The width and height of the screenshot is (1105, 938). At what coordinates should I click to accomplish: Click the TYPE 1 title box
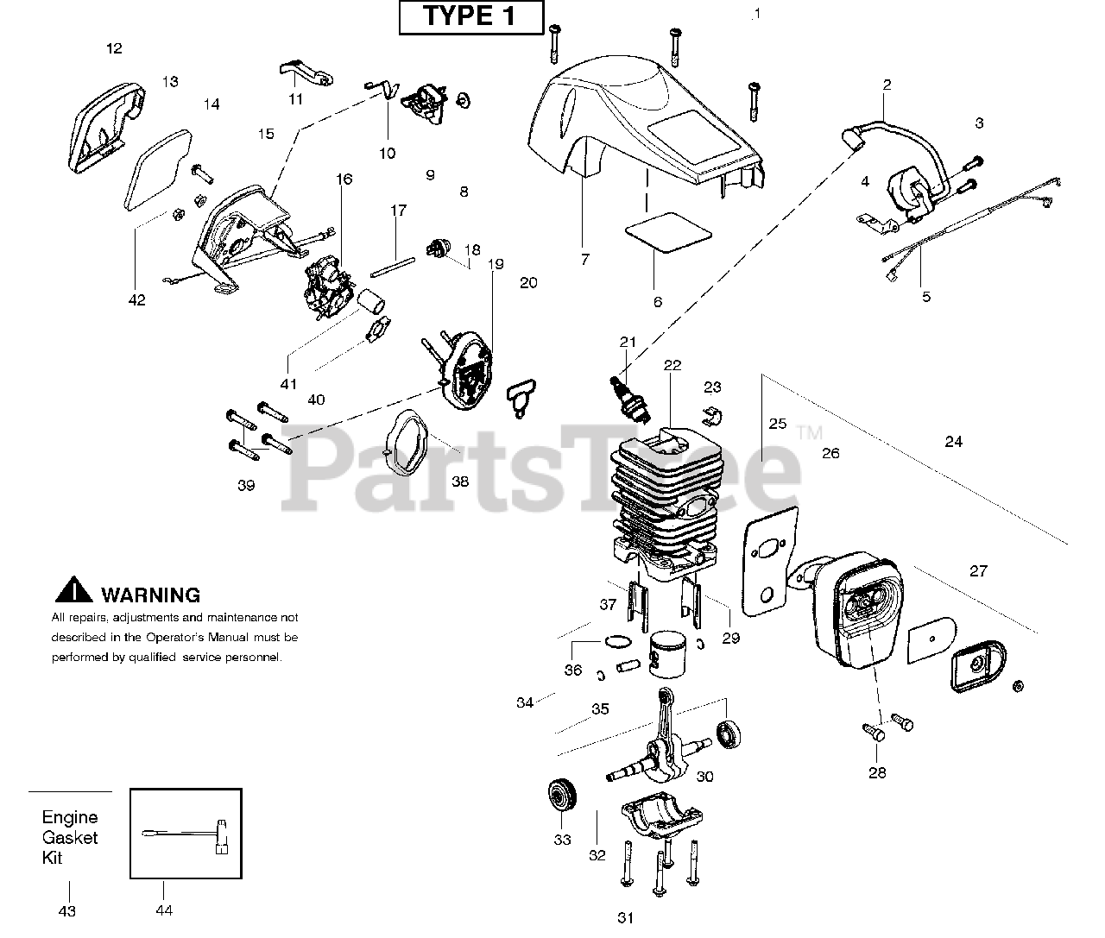click(470, 17)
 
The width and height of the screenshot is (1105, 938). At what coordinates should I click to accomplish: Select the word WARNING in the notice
click(150, 595)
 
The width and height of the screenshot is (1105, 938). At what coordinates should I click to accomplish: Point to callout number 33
click(562, 840)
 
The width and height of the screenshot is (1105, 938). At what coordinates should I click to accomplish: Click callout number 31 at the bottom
click(626, 918)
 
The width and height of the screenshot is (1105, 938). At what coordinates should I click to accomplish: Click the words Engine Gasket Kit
click(70, 837)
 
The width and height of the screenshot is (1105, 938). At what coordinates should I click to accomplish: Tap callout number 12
click(114, 48)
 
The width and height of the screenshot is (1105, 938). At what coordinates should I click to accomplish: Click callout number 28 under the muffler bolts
click(877, 772)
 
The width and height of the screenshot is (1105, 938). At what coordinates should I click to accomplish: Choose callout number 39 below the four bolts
click(246, 485)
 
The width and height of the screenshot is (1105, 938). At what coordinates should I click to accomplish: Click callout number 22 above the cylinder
click(672, 365)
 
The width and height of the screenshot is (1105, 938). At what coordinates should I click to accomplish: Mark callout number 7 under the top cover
click(585, 259)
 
